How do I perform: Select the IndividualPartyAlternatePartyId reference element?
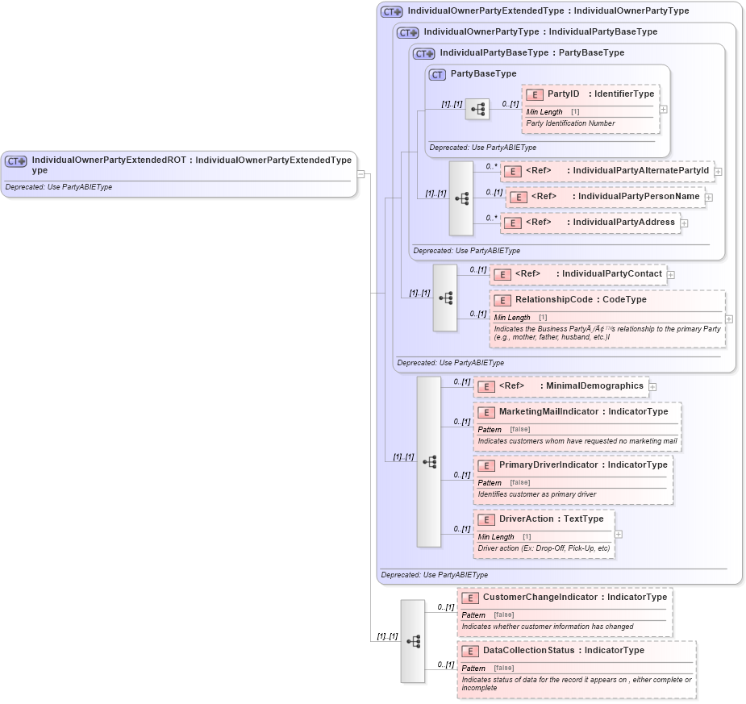point(606,171)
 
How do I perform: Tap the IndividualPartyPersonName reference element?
point(605,197)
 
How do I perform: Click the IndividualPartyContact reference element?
point(578,274)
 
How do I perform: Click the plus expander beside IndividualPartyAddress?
point(684,223)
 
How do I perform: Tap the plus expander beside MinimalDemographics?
point(652,387)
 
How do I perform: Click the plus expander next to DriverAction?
point(619,534)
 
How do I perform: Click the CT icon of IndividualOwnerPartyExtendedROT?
point(16,161)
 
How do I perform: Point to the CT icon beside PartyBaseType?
point(438,74)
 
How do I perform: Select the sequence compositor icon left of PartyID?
point(477,109)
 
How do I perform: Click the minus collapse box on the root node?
point(361,173)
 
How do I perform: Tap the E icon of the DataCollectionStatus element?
point(471,651)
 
